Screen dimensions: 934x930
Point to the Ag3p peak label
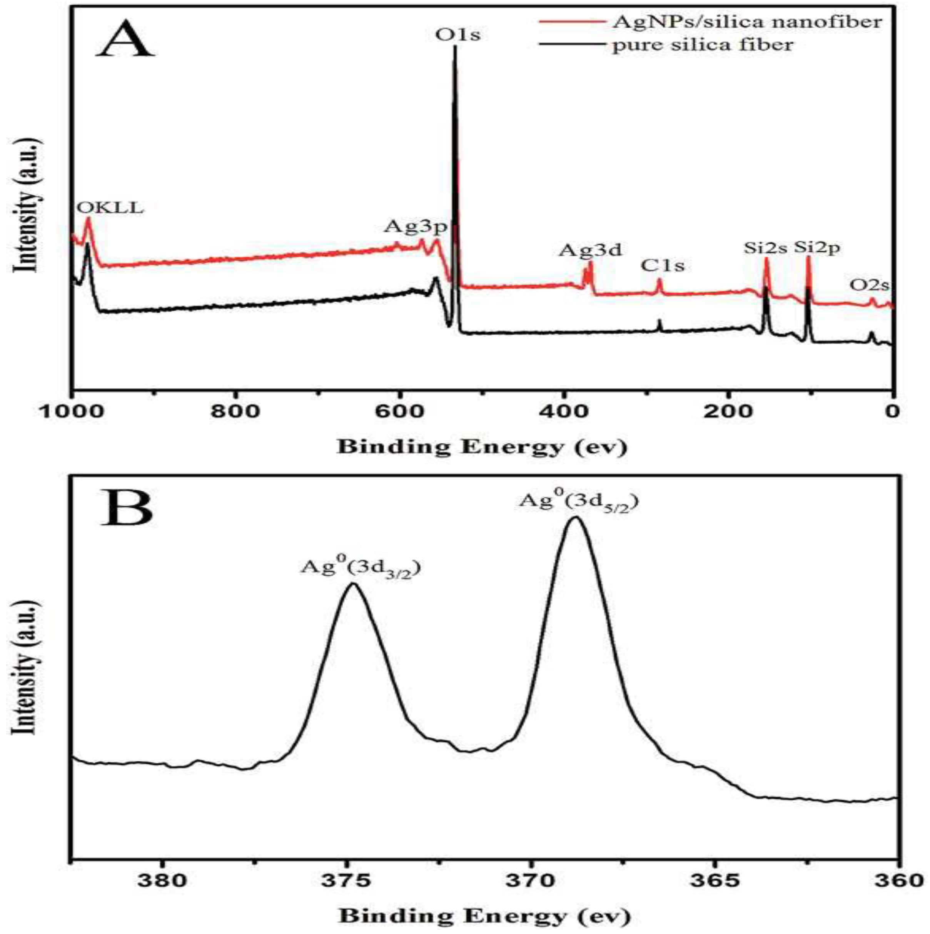pos(416,226)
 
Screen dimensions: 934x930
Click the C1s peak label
pos(663,266)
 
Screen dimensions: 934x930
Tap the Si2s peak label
pos(766,248)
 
